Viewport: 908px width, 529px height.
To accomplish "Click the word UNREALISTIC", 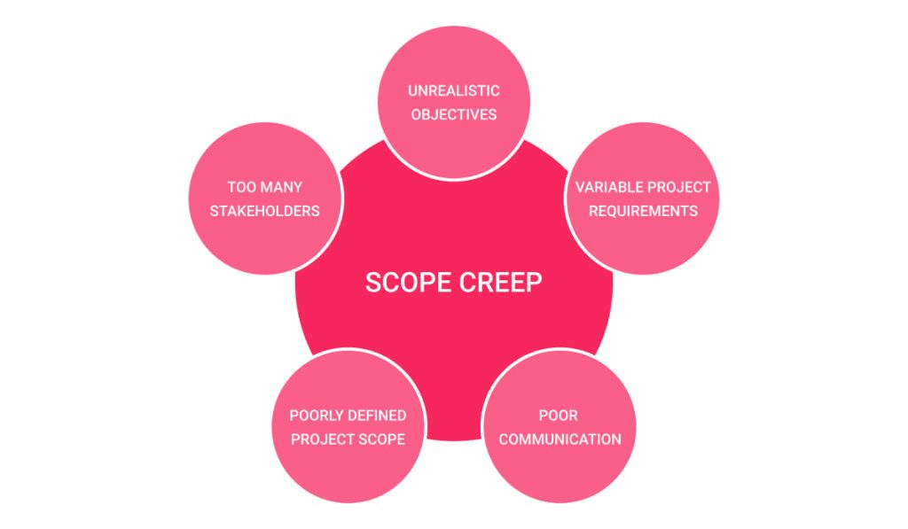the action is [453, 91].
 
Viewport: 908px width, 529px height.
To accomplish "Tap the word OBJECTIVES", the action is [453, 114].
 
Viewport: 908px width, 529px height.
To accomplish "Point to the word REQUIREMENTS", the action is [643, 211].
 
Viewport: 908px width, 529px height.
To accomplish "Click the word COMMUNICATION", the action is [560, 440].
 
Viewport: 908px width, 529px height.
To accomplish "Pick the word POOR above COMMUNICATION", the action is [559, 416].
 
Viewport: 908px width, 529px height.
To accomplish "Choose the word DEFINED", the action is [380, 416].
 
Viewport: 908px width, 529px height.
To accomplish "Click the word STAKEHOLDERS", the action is [264, 211].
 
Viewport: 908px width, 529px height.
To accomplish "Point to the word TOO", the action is [241, 187].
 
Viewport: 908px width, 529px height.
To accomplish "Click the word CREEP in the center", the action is [501, 283].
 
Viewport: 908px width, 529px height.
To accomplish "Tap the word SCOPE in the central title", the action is [408, 283].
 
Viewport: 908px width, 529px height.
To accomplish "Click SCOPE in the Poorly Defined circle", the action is [381, 440].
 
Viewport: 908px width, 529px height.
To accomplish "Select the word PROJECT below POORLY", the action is [323, 440].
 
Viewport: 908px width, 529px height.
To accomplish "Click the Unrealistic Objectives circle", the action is [454, 103].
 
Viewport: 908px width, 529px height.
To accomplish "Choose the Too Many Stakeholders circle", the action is [265, 198].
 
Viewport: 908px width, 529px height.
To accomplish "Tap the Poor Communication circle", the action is [559, 426].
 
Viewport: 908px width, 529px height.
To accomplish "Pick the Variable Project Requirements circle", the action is [643, 198].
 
